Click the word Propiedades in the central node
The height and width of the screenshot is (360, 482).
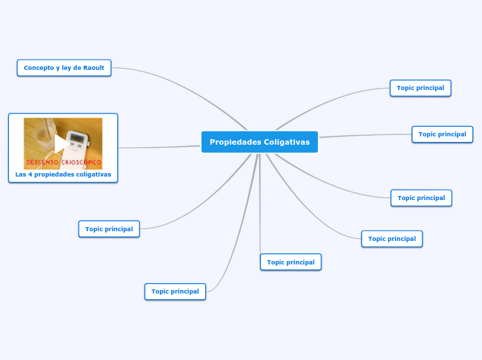point(235,142)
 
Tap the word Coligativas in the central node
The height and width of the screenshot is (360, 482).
point(287,142)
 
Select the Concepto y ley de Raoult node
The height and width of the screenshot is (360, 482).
point(64,68)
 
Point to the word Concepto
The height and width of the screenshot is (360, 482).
point(39,68)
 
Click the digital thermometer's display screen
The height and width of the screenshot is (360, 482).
point(78,138)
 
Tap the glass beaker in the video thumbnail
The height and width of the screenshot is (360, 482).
point(42,135)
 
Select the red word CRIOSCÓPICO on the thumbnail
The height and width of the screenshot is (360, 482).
point(82,163)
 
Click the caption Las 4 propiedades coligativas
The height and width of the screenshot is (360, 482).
point(63,174)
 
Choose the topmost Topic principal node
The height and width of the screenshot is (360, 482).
point(420,88)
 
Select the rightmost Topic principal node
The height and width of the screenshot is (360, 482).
point(443,134)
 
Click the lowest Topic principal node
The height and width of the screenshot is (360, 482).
point(175,291)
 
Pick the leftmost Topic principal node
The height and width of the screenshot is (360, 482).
point(109,228)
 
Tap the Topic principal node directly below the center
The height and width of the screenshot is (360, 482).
point(291,262)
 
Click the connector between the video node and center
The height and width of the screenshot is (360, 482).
point(159,147)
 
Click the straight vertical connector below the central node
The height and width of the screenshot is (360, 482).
point(260,208)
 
